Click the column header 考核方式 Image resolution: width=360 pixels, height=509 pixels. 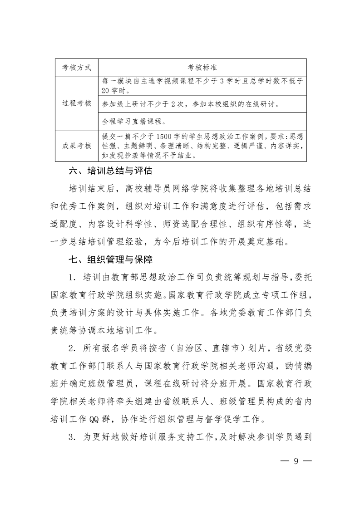tap(76, 68)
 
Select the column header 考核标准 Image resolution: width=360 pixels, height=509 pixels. tap(202, 68)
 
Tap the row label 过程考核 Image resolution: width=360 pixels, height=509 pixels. tap(76, 103)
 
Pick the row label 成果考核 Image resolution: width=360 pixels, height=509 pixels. tap(76, 146)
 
